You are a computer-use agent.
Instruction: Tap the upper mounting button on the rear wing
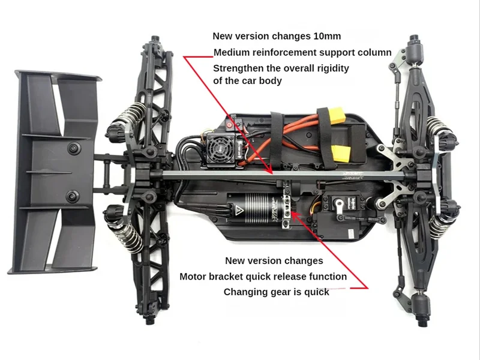click(x=74, y=148)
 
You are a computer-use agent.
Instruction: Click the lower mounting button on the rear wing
click(x=74, y=196)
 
